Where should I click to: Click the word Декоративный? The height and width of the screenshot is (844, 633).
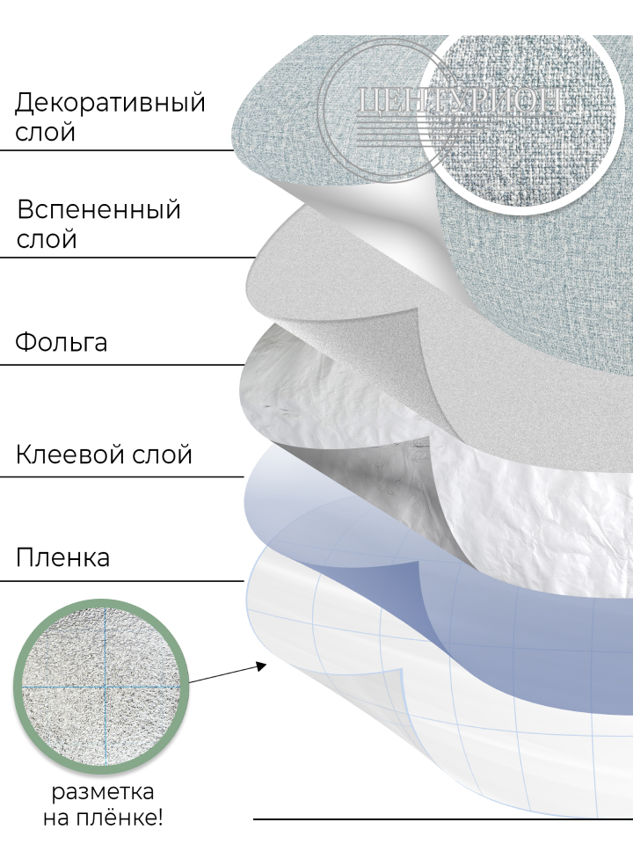pos(110,103)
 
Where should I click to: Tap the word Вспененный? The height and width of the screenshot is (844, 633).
pos(98,210)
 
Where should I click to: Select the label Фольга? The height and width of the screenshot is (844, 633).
pos(61,341)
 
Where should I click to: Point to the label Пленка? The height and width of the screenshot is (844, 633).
pos(62,557)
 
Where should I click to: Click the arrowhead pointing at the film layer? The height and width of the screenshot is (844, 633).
pos(261,665)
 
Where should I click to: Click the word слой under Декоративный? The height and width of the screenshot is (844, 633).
pos(45,133)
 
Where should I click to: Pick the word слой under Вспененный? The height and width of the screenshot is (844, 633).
pos(47,239)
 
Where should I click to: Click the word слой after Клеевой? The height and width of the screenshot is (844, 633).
pos(164,455)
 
